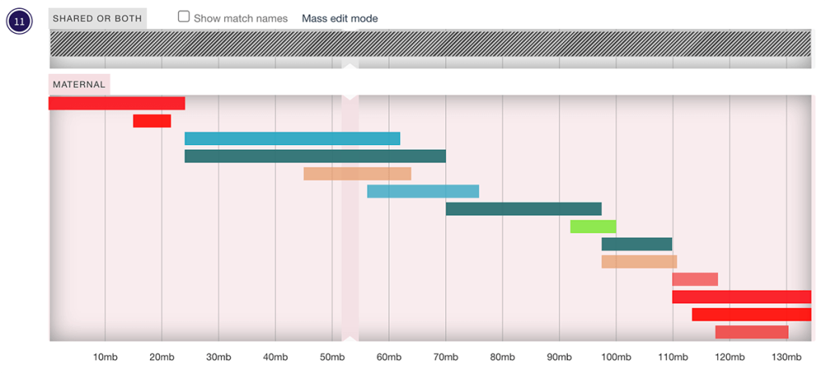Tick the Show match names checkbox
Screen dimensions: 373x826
tap(184, 17)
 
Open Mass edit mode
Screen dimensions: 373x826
tap(340, 19)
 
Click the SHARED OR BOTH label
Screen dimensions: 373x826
tap(98, 19)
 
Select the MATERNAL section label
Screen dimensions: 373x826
tap(79, 84)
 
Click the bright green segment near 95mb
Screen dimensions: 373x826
tap(593, 226)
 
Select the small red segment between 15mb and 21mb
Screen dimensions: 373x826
tap(152, 121)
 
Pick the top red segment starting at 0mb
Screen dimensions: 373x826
tap(117, 103)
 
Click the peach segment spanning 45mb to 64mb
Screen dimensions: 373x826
tap(357, 173)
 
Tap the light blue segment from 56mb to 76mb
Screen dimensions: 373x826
tap(423, 191)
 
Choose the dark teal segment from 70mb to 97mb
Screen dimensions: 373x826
tap(524, 209)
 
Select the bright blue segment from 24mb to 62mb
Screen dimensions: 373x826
tap(292, 139)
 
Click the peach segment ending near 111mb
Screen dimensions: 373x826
tap(639, 262)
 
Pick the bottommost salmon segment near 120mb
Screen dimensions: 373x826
tap(751, 332)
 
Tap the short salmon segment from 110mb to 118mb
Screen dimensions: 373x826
tap(695, 280)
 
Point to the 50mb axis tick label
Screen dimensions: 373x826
tap(332, 357)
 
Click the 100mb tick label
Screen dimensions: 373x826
tap(615, 357)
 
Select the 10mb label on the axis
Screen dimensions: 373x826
tap(105, 357)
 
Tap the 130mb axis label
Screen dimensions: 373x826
tap(786, 357)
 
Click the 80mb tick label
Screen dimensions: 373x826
tap(502, 357)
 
